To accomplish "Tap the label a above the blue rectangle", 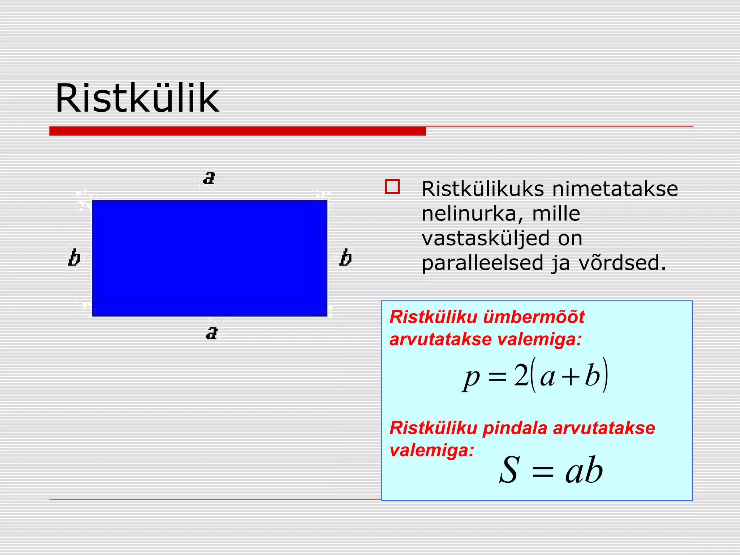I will (x=209, y=178).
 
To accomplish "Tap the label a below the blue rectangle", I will (x=212, y=333).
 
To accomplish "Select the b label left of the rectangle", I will (x=74, y=258).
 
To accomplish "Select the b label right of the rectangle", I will (x=345, y=258).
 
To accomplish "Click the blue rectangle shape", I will (x=210, y=258).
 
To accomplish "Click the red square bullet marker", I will (x=392, y=187).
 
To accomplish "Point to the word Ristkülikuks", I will (x=483, y=189).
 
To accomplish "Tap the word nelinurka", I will (x=472, y=214).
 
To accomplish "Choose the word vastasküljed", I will (x=485, y=238).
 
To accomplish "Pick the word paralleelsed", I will (x=482, y=263).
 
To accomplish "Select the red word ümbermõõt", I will (x=534, y=317).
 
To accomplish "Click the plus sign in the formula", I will (x=571, y=377).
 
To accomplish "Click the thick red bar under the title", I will (x=237, y=131).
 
